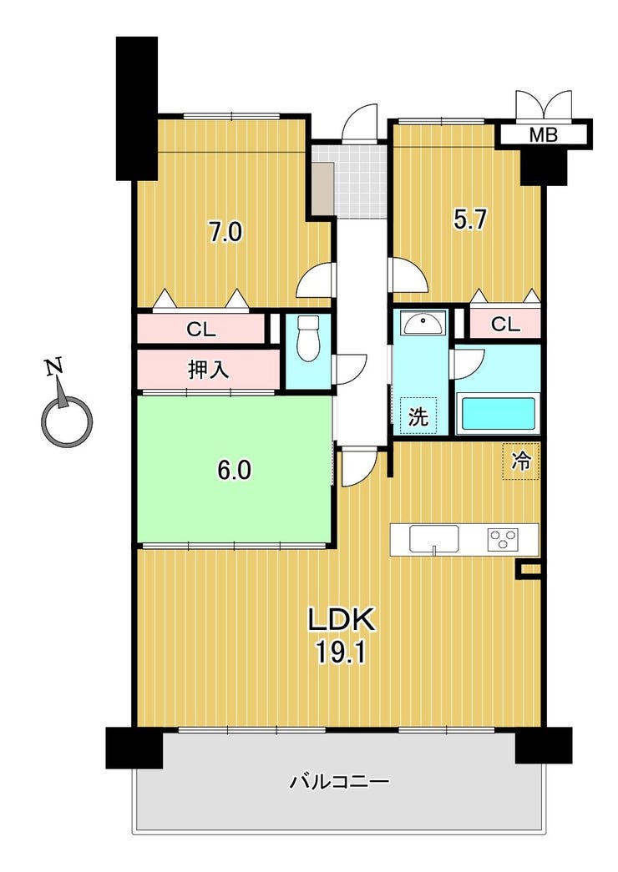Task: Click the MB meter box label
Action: pyautogui.click(x=543, y=134)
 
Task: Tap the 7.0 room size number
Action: pyautogui.click(x=225, y=232)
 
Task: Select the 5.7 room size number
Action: pyautogui.click(x=470, y=220)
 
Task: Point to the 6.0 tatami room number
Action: pyautogui.click(x=234, y=471)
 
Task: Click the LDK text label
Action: pyautogui.click(x=342, y=620)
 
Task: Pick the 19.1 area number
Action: pyautogui.click(x=341, y=653)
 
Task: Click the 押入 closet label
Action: pyautogui.click(x=208, y=370)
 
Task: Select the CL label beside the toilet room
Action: pyautogui.click(x=200, y=330)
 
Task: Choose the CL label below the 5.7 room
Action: pyautogui.click(x=505, y=325)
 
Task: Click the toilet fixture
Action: pyautogui.click(x=308, y=339)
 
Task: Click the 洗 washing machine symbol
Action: pyautogui.click(x=418, y=416)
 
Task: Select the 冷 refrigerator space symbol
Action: pyautogui.click(x=521, y=461)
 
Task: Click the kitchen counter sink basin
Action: pyautogui.click(x=434, y=538)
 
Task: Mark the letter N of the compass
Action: pyautogui.click(x=54, y=368)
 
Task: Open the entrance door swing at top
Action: pyautogui.click(x=359, y=123)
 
